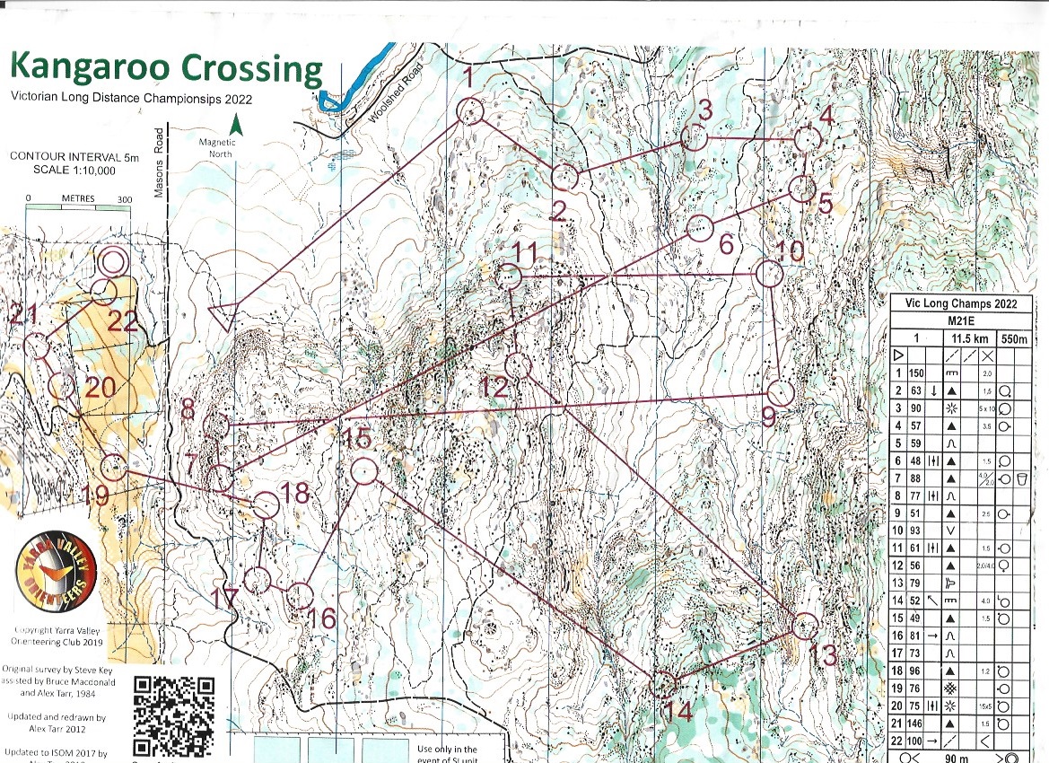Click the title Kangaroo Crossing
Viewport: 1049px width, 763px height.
(165, 69)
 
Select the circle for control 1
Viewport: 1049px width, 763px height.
(470, 112)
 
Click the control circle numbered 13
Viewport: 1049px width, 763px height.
(805, 626)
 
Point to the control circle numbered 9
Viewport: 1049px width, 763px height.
(782, 393)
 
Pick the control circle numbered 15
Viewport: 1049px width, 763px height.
(363, 471)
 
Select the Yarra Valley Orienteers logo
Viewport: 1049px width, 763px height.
(56, 580)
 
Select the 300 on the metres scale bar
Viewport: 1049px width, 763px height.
(125, 199)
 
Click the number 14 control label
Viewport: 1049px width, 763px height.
(678, 713)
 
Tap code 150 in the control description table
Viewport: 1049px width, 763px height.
(916, 372)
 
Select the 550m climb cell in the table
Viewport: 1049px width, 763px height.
(1014, 338)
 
